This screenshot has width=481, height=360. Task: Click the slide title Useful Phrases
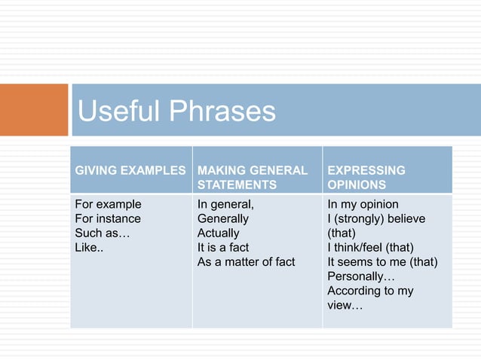177,111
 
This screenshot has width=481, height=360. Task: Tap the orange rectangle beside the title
34,110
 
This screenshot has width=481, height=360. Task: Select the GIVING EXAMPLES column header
129,170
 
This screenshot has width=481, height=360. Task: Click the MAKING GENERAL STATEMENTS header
252,177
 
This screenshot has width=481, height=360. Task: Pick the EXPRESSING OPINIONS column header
366,177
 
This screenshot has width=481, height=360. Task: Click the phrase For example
108,204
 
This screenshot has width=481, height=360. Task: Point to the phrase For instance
108,218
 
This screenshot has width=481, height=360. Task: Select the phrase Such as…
102,233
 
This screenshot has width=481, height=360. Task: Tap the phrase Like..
90,247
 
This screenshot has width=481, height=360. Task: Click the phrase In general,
225,204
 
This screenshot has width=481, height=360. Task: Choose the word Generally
222,218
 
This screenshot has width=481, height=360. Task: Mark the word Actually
218,233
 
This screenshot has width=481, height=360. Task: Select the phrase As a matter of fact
246,261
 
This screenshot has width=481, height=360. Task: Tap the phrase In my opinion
363,204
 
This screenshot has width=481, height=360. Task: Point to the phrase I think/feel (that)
370,247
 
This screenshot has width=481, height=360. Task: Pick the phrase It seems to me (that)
382,261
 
